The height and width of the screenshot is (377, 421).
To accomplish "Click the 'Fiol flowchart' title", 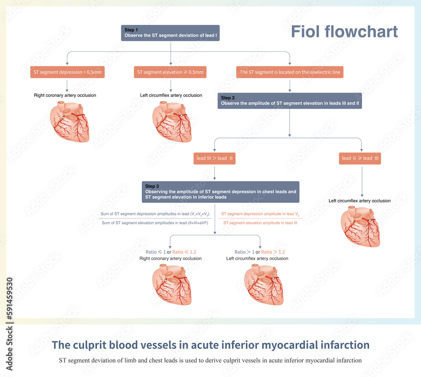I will (344, 32).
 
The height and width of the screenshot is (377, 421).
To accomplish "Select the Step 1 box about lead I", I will (171, 33).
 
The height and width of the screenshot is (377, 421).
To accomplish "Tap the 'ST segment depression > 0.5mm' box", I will (67, 72).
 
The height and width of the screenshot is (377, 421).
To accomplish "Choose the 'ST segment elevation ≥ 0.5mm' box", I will (171, 72).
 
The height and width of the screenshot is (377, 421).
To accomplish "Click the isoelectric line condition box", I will (290, 72).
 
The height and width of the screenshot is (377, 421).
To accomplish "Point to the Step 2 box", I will (290, 101).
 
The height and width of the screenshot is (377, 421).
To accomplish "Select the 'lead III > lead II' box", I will (215, 158).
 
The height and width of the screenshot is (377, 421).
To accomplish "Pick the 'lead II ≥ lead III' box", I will (360, 158).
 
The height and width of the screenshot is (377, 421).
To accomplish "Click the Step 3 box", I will (221, 192).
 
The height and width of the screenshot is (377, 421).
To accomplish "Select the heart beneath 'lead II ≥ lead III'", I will (361, 227).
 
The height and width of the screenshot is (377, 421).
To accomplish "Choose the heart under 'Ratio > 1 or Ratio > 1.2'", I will (264, 285).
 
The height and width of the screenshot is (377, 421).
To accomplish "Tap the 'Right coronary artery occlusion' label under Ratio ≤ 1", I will (171, 258).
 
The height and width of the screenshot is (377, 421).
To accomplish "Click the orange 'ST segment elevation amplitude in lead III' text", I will (260, 223).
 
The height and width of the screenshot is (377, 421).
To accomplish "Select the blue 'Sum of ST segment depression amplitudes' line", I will (155, 214).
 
